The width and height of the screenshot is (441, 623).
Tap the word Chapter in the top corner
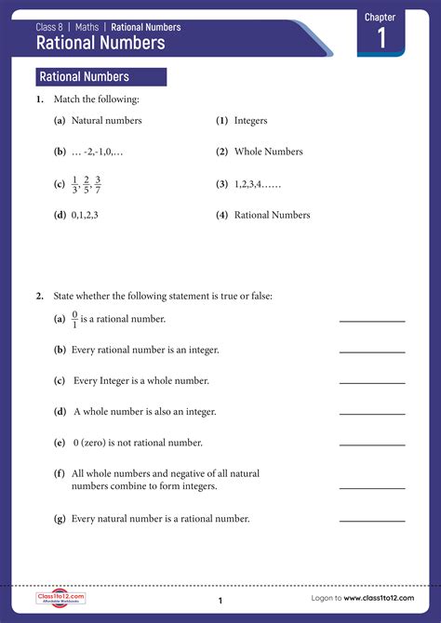[380, 17]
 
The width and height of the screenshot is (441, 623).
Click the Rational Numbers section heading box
[100, 77]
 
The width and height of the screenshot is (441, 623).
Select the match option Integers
[250, 121]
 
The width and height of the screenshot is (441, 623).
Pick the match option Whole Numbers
[268, 152]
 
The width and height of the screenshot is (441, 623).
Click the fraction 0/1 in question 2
[75, 319]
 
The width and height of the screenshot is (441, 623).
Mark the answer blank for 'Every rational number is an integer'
[372, 351]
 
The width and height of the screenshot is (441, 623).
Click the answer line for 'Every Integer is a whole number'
[372, 382]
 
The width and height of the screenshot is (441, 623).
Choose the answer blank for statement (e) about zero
[372, 444]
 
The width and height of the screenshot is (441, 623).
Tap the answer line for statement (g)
[372, 521]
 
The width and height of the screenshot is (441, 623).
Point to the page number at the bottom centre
[220, 601]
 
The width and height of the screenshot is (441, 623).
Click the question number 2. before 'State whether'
[40, 297]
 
